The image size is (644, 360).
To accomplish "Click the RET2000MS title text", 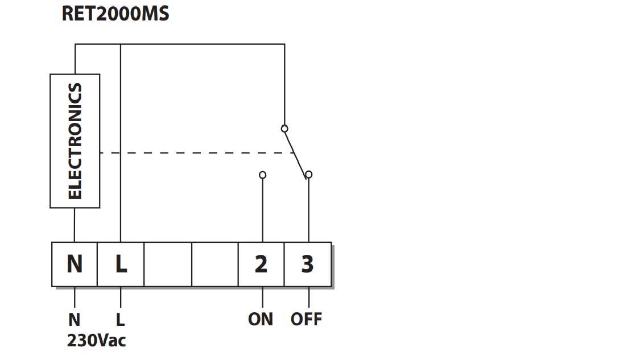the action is (x=115, y=14).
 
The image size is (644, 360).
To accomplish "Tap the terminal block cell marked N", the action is (x=75, y=264).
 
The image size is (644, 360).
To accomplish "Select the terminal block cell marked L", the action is (x=121, y=264).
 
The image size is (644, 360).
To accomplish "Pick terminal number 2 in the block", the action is (x=261, y=264).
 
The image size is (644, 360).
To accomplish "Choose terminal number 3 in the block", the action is (x=308, y=264).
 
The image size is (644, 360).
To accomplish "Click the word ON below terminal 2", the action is (x=261, y=319).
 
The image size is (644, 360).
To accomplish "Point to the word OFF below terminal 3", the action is (x=307, y=319).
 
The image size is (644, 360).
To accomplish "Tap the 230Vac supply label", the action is (x=97, y=340).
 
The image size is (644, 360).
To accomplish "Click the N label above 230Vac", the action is (x=75, y=320).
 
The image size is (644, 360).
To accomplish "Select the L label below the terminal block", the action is (x=121, y=320).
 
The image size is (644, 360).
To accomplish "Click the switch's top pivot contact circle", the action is (x=284, y=129).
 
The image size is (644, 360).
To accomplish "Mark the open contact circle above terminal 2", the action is (x=262, y=175).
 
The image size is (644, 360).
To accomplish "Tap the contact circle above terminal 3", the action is (x=309, y=175).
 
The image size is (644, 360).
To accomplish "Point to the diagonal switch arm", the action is (x=295, y=154).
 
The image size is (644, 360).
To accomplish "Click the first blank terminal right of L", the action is (x=168, y=264).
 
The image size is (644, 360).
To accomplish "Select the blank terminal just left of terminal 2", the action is (x=215, y=264).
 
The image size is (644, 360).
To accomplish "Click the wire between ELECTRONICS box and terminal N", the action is (x=75, y=225).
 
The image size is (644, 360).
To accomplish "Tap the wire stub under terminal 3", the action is (x=309, y=297).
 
